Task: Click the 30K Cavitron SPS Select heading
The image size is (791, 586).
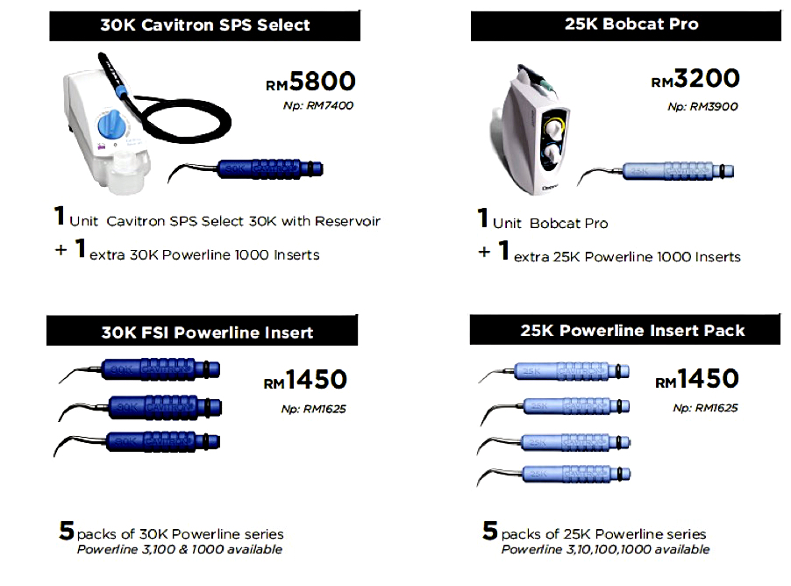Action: tap(204, 25)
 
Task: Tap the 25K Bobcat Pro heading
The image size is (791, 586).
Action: tap(625, 25)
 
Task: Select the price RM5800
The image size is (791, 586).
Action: tap(311, 82)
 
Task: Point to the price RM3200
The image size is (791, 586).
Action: tap(695, 79)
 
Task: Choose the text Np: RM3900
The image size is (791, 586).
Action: tap(702, 106)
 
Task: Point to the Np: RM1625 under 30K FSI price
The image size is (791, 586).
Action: tap(313, 408)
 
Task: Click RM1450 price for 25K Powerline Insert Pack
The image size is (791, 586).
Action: tap(696, 380)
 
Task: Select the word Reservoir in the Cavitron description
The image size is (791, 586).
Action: tap(347, 222)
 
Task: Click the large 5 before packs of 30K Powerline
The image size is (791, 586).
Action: tap(66, 531)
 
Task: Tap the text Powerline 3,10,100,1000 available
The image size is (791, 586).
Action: tap(605, 550)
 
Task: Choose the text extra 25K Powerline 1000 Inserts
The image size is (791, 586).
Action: tap(626, 257)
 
